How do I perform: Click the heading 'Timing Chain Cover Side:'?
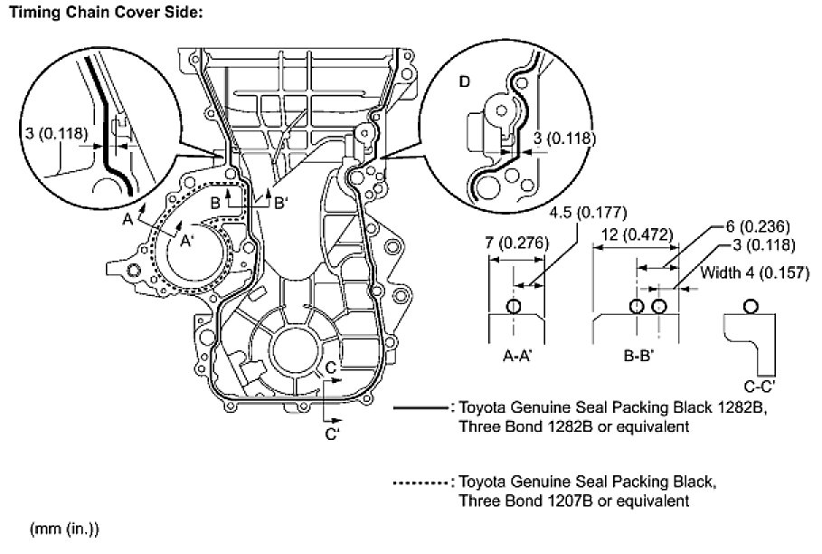(x=106, y=12)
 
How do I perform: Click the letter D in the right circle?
(x=465, y=81)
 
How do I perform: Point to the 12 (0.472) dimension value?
(x=634, y=235)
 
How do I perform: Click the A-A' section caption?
(x=516, y=357)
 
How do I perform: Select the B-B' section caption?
(x=639, y=357)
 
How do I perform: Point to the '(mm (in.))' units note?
(x=64, y=529)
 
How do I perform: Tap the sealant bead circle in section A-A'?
(x=514, y=306)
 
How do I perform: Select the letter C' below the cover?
(x=333, y=435)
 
